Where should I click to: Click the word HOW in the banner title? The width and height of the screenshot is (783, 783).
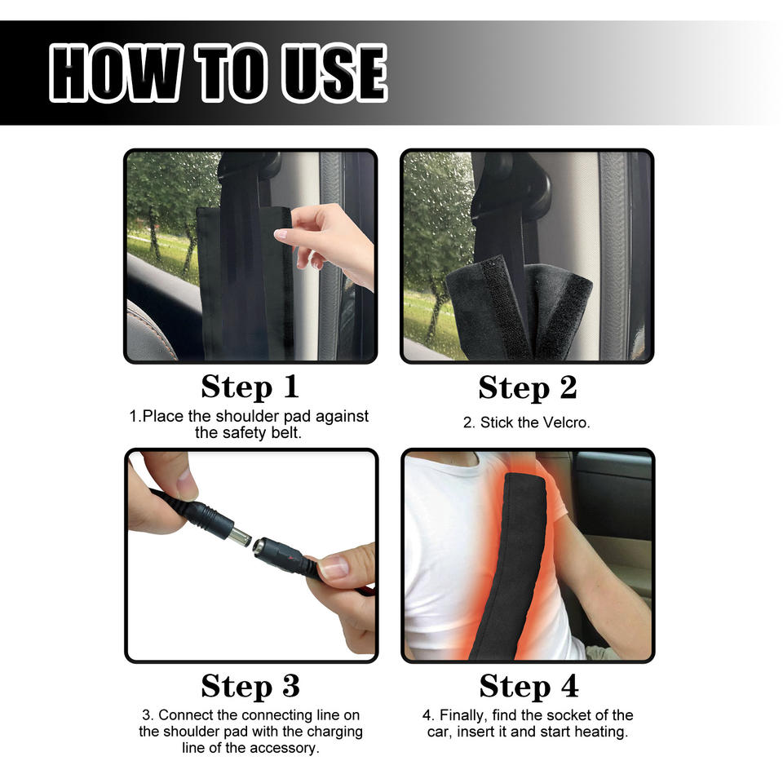(x=116, y=73)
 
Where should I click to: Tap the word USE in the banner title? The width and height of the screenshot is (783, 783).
(x=334, y=73)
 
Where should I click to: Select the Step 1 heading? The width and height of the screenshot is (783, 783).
(x=250, y=387)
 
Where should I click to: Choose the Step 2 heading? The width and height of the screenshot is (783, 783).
(x=528, y=388)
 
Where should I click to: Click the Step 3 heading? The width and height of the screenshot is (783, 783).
(x=250, y=686)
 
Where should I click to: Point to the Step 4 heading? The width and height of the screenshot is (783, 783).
(x=529, y=686)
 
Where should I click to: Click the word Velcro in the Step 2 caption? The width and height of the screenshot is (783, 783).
(x=566, y=423)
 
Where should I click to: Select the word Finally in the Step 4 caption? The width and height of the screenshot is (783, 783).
(x=463, y=715)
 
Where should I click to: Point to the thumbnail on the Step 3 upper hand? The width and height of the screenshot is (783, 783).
(x=186, y=479)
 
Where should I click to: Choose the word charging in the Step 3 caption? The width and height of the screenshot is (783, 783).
(x=334, y=732)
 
